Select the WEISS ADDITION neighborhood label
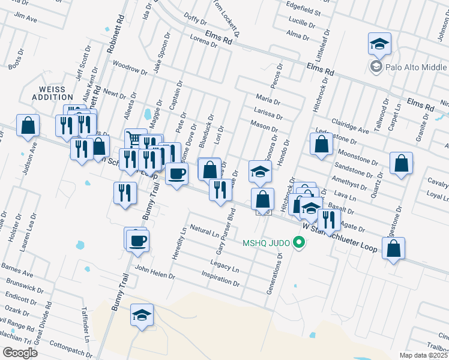52,92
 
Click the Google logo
20,353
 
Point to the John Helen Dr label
154,272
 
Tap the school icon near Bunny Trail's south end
142,315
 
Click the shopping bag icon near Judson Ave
28,125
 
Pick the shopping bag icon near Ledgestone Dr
322,144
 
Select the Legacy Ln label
224,264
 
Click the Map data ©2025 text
423,355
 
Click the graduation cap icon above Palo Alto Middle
379,44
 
